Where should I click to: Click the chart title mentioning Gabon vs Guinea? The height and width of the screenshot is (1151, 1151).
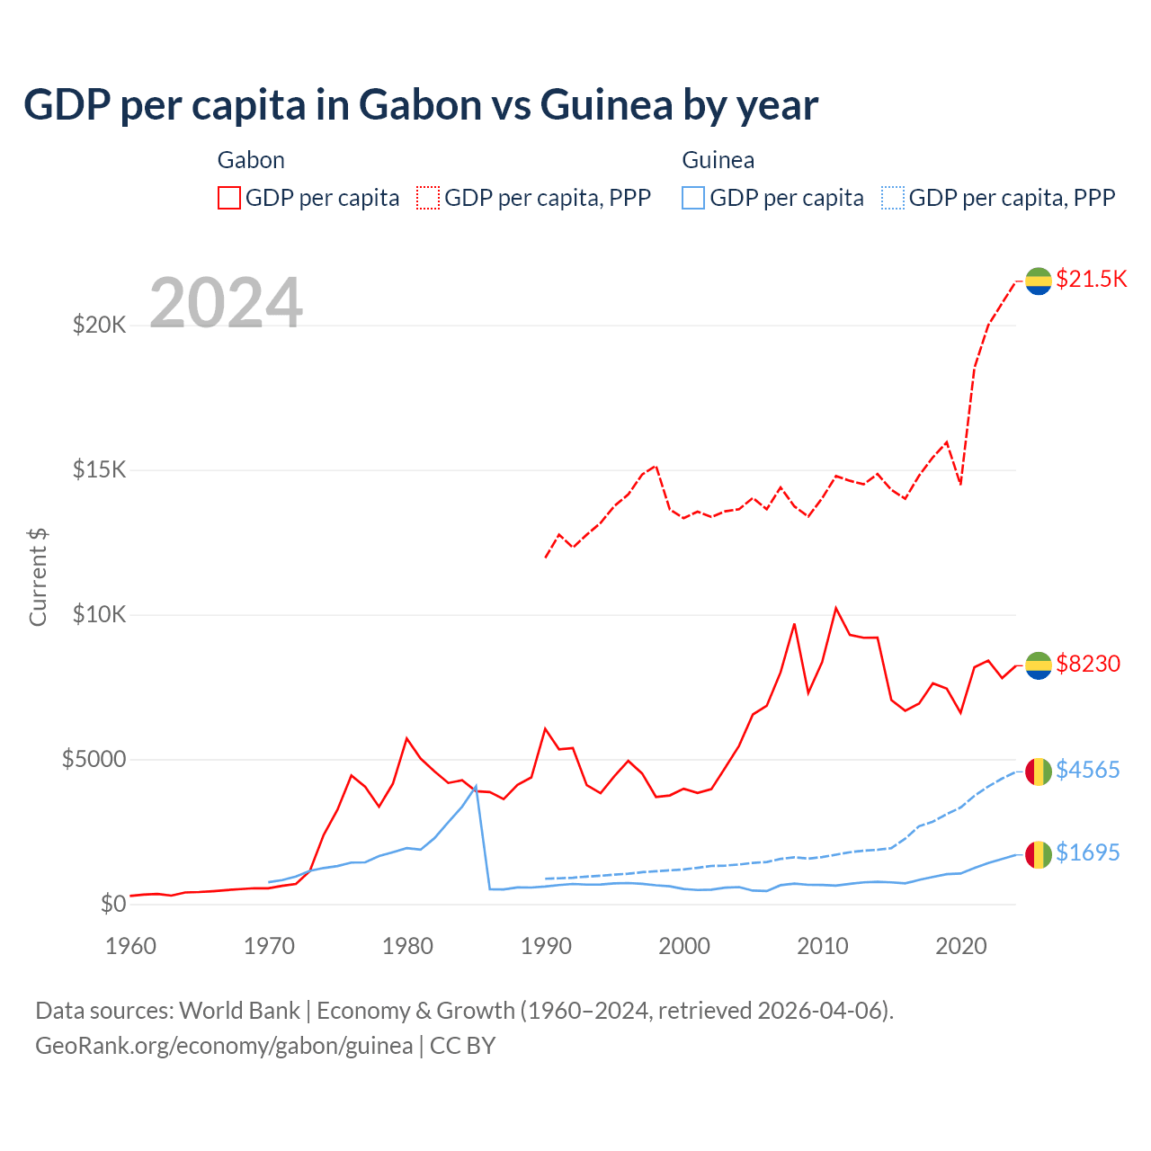point(421,105)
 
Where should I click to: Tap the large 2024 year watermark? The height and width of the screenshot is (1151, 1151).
point(226,303)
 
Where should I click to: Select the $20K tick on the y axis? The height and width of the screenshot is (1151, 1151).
point(99,325)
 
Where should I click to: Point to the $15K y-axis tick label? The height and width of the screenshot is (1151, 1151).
point(99,469)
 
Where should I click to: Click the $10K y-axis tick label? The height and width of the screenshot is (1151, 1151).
point(99,614)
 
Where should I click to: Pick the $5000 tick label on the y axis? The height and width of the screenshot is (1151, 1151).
point(94,759)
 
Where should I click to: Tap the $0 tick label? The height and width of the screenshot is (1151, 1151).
point(112,904)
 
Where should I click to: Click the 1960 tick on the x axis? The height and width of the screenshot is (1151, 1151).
point(131,946)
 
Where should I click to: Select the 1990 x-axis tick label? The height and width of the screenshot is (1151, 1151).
point(546,946)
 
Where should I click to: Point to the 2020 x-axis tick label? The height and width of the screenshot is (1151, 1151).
point(961,946)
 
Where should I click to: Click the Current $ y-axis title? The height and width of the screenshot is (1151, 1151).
point(38,577)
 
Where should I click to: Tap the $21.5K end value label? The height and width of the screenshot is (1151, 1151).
point(1091,279)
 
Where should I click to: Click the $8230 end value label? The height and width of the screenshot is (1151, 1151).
point(1088,664)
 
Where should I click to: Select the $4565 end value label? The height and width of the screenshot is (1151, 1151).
point(1088,770)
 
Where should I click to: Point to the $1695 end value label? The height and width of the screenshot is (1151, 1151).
point(1088,852)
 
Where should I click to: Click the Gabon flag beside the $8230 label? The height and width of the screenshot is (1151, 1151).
point(1039,665)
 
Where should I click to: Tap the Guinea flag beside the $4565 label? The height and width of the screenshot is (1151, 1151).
point(1039,772)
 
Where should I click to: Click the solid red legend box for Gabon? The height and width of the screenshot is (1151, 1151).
point(229,198)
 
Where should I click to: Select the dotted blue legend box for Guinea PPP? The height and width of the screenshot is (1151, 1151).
point(893,198)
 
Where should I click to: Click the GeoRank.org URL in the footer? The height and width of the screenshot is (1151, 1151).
point(224,1046)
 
